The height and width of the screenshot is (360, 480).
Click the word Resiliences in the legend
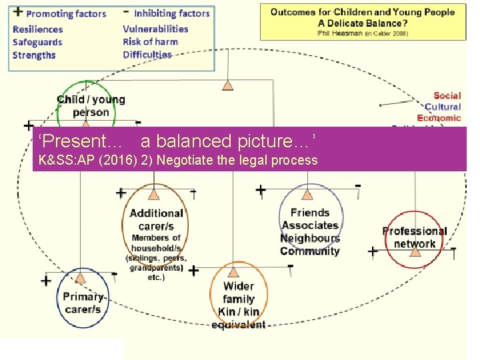click(x=37, y=29)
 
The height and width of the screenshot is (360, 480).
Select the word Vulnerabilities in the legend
click(x=155, y=29)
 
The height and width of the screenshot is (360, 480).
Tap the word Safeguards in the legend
click(x=37, y=42)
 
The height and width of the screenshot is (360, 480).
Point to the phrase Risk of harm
click(x=150, y=42)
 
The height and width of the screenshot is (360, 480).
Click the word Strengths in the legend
click(x=34, y=55)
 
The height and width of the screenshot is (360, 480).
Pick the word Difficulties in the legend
click(x=147, y=55)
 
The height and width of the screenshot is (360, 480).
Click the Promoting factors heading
click(x=65, y=13)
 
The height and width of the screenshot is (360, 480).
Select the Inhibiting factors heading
click(x=171, y=13)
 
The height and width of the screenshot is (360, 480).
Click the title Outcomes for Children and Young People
click(x=363, y=12)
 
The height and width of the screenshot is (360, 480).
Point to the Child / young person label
click(x=91, y=106)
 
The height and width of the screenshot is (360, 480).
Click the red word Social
click(x=447, y=96)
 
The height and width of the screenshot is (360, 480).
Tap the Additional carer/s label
click(x=156, y=219)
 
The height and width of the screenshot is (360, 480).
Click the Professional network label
click(x=414, y=237)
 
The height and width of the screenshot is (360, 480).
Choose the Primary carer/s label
click(x=83, y=303)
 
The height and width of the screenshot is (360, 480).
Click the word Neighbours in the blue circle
click(x=310, y=238)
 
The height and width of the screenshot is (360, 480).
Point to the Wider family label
click(x=239, y=293)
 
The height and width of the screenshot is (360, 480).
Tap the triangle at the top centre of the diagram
click(x=228, y=85)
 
